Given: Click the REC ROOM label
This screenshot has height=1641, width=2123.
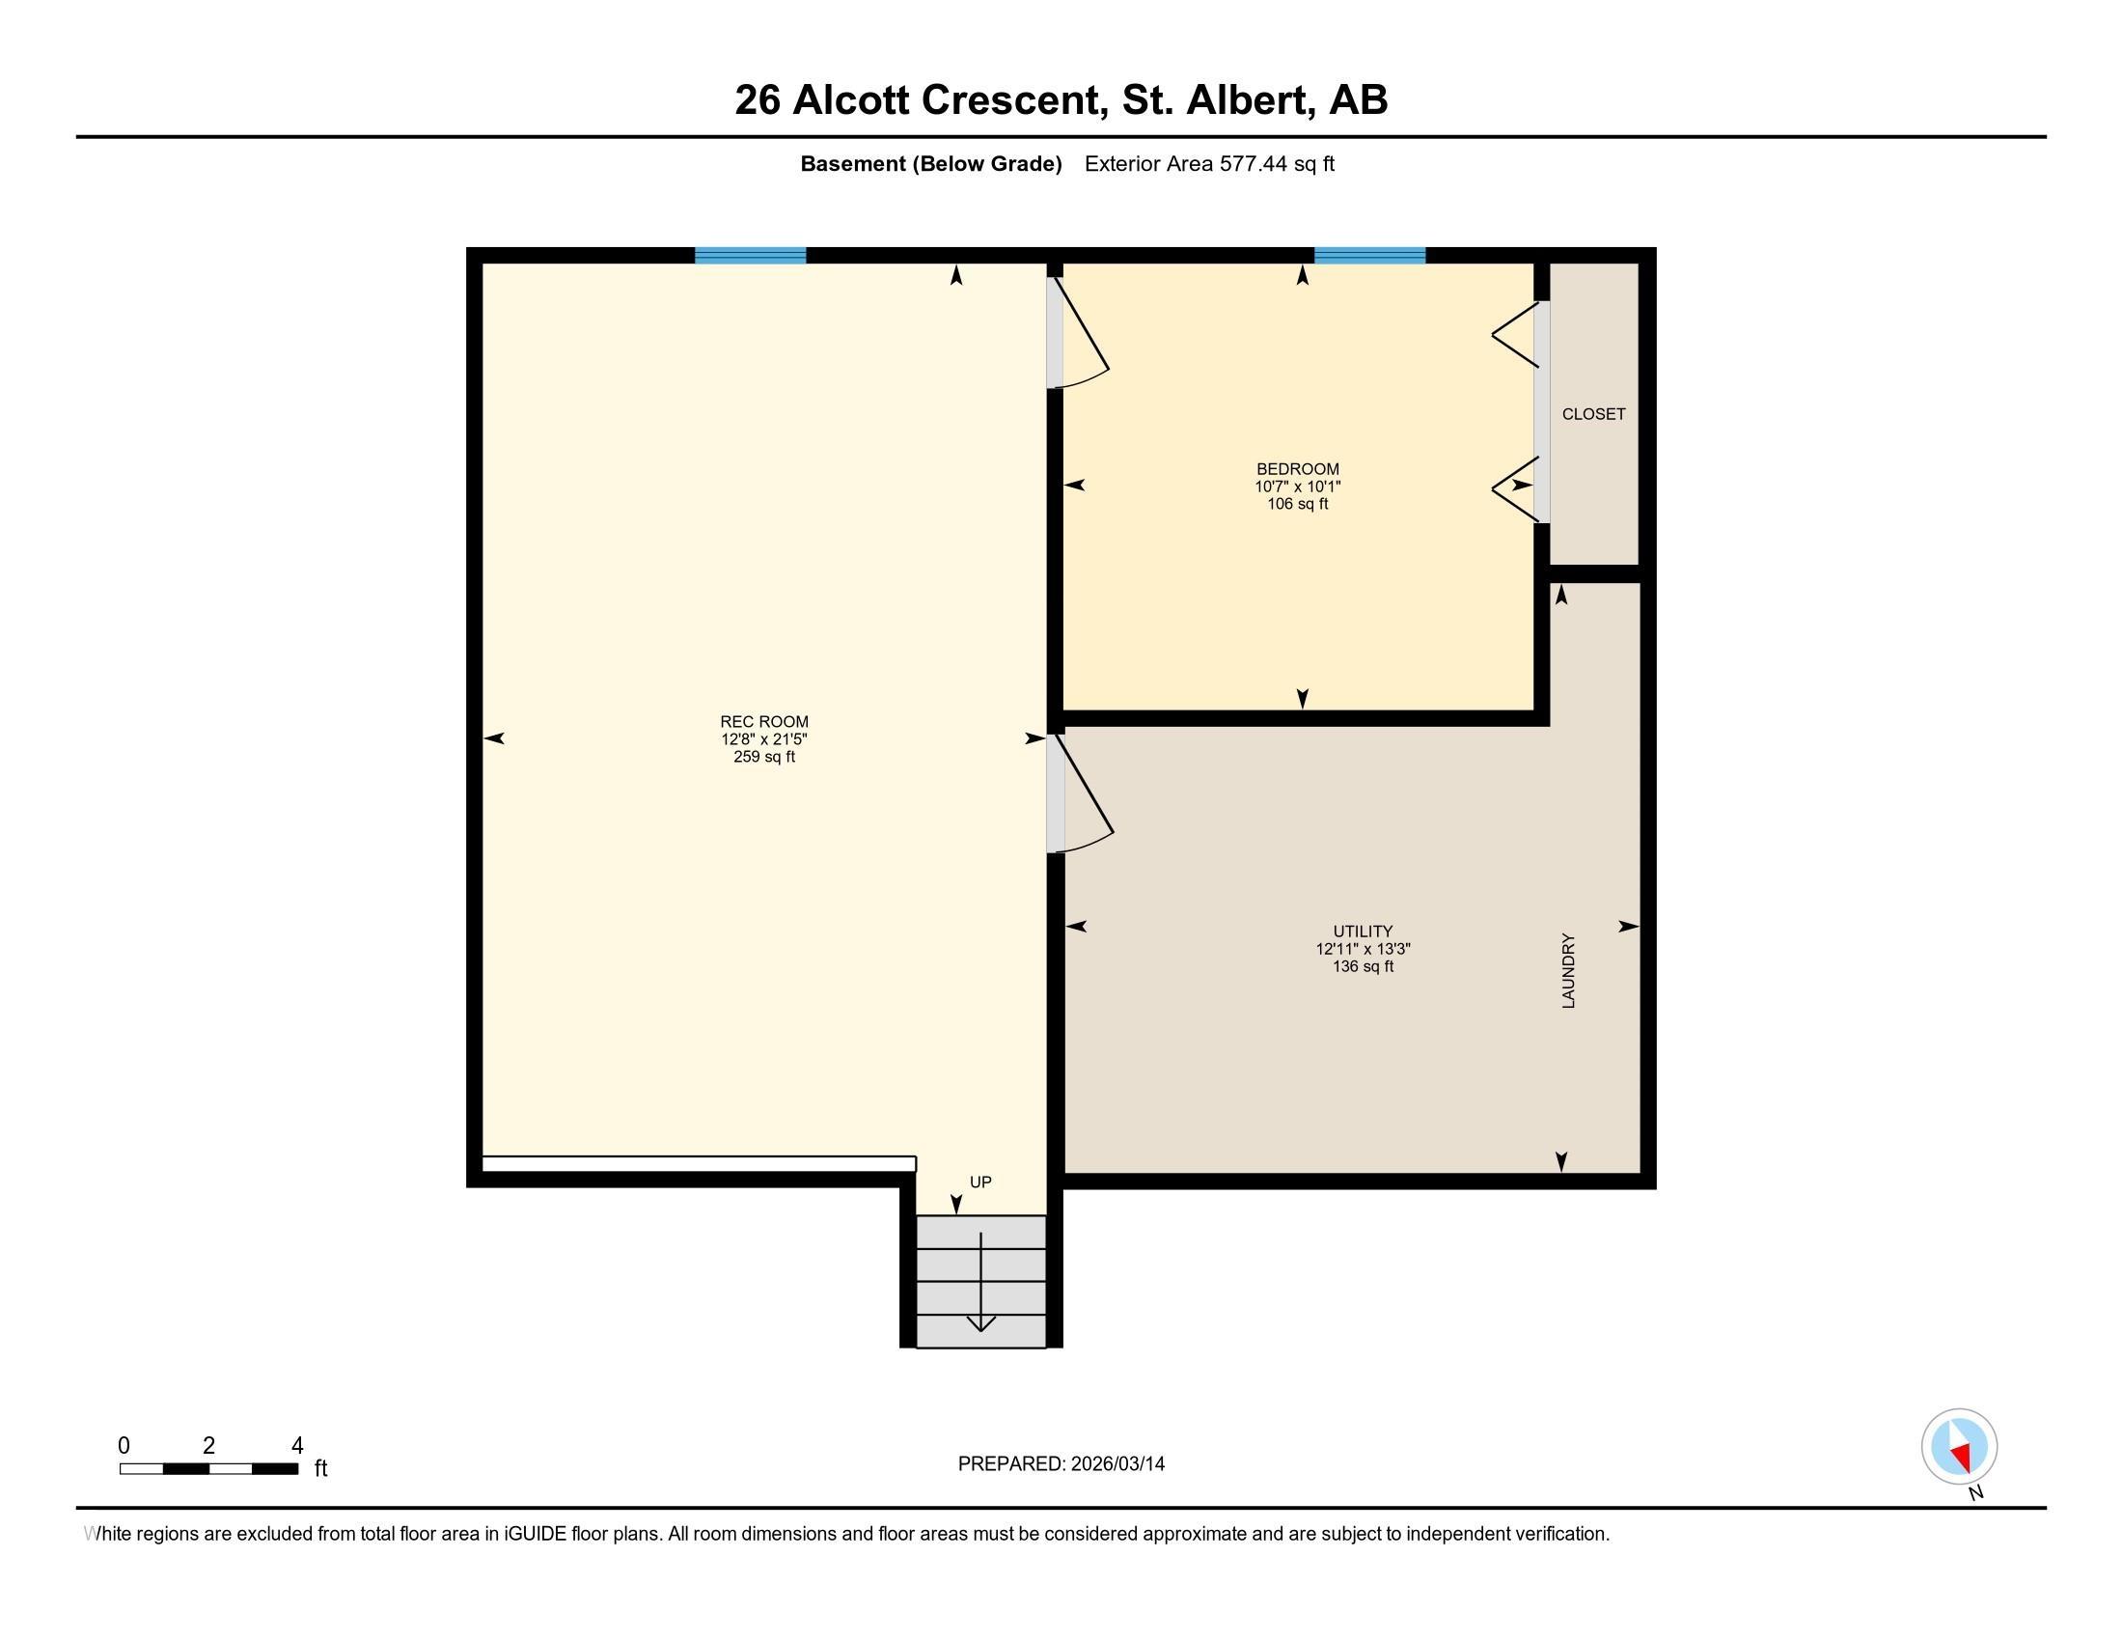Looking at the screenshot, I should point(764,721).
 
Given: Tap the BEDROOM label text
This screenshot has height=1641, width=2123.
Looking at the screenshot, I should point(1298,468).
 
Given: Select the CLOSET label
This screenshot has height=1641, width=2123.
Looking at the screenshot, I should point(1593,414).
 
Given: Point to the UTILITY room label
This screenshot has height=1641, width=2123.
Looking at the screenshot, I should point(1363,932).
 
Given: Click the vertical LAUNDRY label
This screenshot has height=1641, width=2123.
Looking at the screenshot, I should point(1568,971).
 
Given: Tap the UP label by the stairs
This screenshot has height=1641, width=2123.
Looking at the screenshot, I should point(980,1182).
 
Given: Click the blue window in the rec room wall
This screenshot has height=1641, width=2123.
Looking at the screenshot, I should point(751,256).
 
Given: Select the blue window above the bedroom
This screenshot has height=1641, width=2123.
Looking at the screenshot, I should point(1369,256).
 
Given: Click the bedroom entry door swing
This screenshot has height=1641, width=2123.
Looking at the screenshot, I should point(1081,335).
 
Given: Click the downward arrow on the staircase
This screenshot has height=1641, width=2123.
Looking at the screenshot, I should point(980,1283).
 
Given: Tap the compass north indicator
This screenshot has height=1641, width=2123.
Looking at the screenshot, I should point(1959,1447).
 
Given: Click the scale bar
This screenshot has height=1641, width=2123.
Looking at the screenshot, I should point(209,1468).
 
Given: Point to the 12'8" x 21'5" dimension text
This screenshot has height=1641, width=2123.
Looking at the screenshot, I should point(764,738).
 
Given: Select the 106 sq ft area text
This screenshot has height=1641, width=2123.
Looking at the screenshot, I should point(1298,504).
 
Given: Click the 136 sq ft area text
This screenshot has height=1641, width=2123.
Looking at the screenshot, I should point(1363,966).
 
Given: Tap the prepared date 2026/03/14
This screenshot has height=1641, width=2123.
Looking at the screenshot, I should point(1117,1463).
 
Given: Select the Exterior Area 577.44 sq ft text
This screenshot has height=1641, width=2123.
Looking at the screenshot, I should point(1209,163).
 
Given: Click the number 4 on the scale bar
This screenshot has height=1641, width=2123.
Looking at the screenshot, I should point(297,1446).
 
